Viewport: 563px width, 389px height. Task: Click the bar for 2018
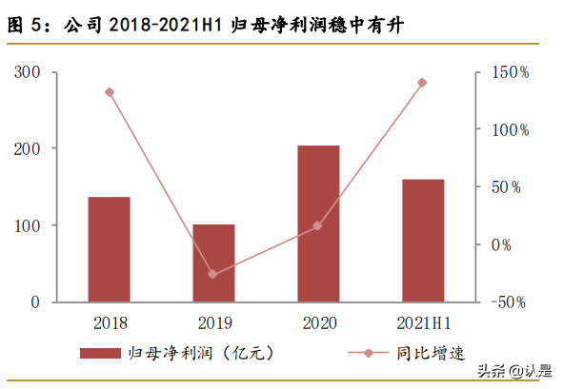coord(109,249)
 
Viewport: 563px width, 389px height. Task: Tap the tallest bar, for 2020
coord(318,224)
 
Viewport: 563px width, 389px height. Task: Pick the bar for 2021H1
coord(423,241)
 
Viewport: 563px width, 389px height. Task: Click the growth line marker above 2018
coord(110,92)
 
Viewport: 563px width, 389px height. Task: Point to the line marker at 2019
coord(213,275)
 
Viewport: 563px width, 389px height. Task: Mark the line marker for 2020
coord(318,226)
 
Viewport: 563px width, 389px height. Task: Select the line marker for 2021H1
coord(423,83)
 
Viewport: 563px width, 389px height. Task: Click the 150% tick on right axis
coord(509,72)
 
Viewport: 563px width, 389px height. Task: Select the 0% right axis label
coord(501,244)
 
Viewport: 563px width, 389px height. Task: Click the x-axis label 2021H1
coord(423,323)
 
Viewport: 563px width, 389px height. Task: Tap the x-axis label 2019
coord(213,323)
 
